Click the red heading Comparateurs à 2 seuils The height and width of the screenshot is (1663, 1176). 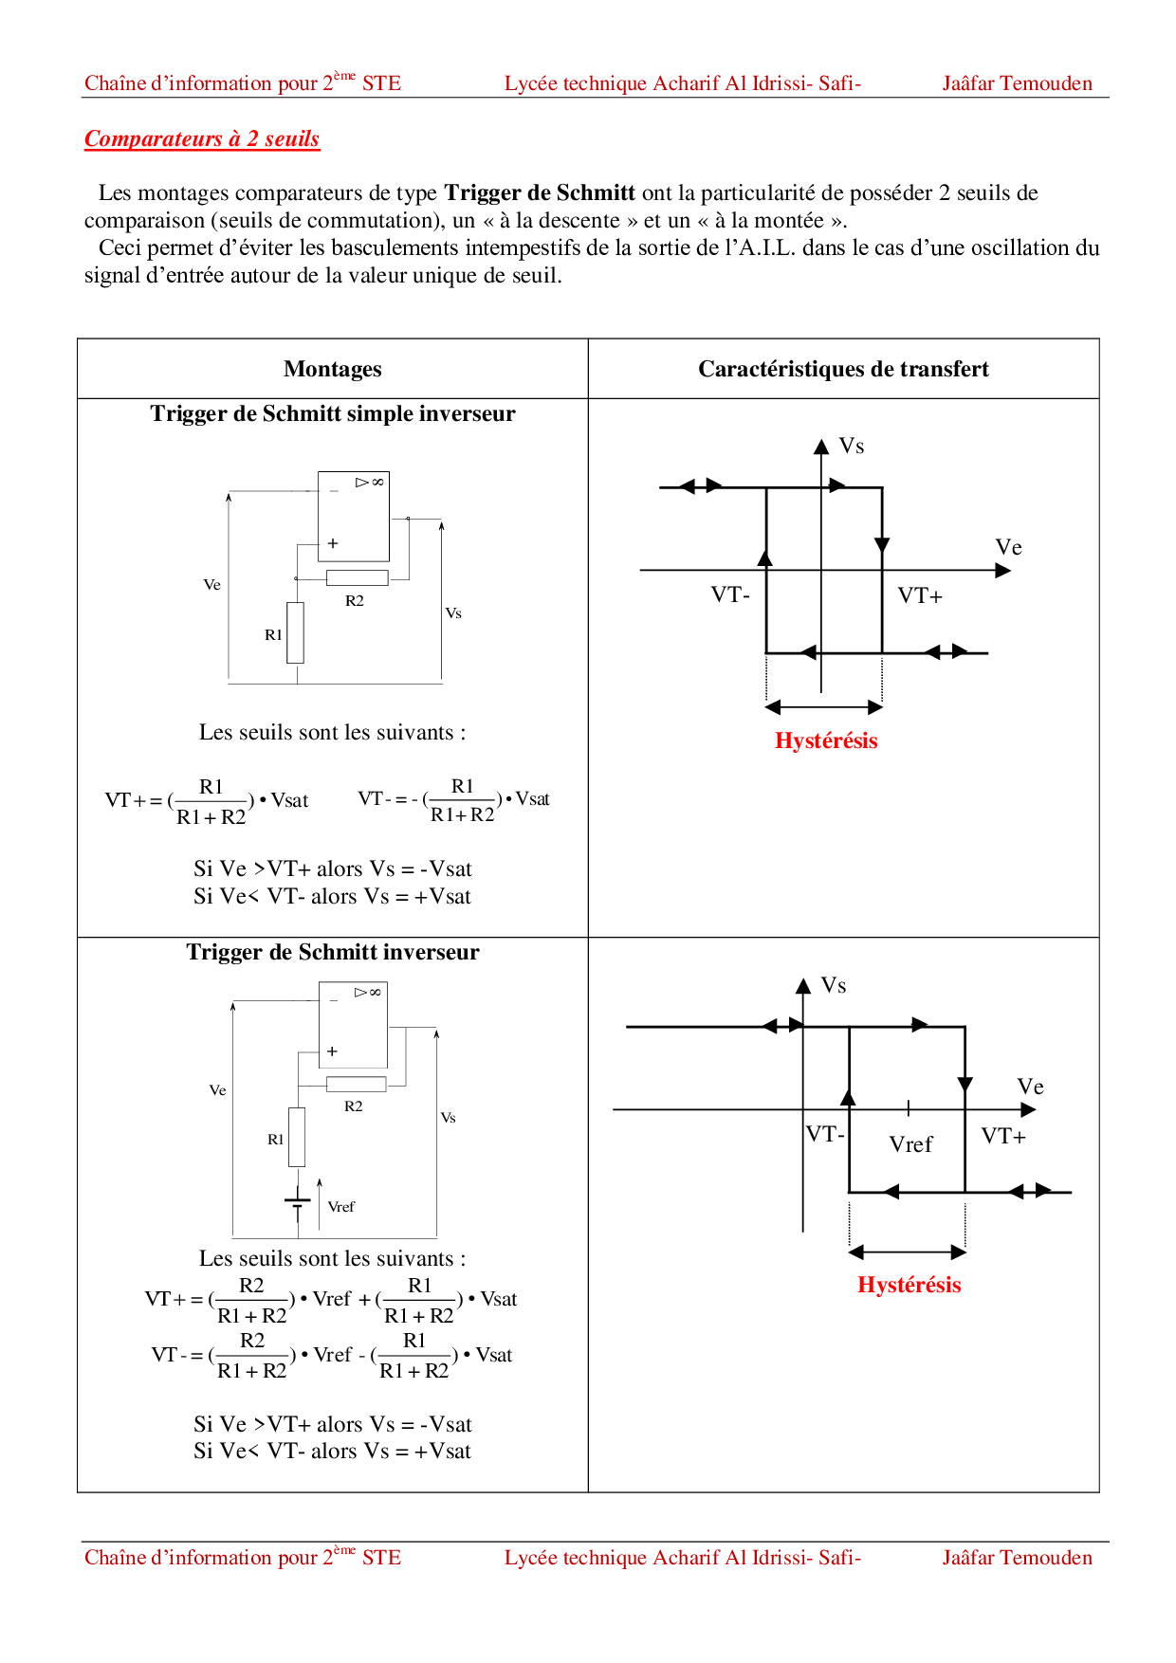202,139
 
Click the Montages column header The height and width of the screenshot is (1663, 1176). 332,369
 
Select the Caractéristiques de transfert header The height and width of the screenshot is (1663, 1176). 843,369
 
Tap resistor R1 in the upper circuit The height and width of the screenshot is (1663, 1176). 296,632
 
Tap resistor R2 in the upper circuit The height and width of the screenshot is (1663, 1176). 357,577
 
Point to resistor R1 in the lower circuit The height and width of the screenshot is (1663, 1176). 297,1137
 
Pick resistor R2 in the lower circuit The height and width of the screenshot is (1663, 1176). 356,1084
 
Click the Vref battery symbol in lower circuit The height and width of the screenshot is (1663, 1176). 298,1201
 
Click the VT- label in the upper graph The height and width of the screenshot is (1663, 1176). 730,595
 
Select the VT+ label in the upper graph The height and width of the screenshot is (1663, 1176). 920,596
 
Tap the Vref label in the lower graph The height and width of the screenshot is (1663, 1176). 910,1144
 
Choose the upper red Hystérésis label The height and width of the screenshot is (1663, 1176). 826,740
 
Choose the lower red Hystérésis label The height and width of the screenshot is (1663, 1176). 909,1285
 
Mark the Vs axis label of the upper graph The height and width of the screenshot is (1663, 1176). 852,447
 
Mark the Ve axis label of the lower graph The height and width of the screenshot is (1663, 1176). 1030,1087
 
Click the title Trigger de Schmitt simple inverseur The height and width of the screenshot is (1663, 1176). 332,413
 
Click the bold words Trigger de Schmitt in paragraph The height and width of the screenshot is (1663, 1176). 540,193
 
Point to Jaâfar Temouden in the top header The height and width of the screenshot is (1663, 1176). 1017,83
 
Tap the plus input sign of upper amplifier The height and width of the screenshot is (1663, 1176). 333,543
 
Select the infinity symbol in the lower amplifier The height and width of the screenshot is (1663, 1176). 376,992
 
